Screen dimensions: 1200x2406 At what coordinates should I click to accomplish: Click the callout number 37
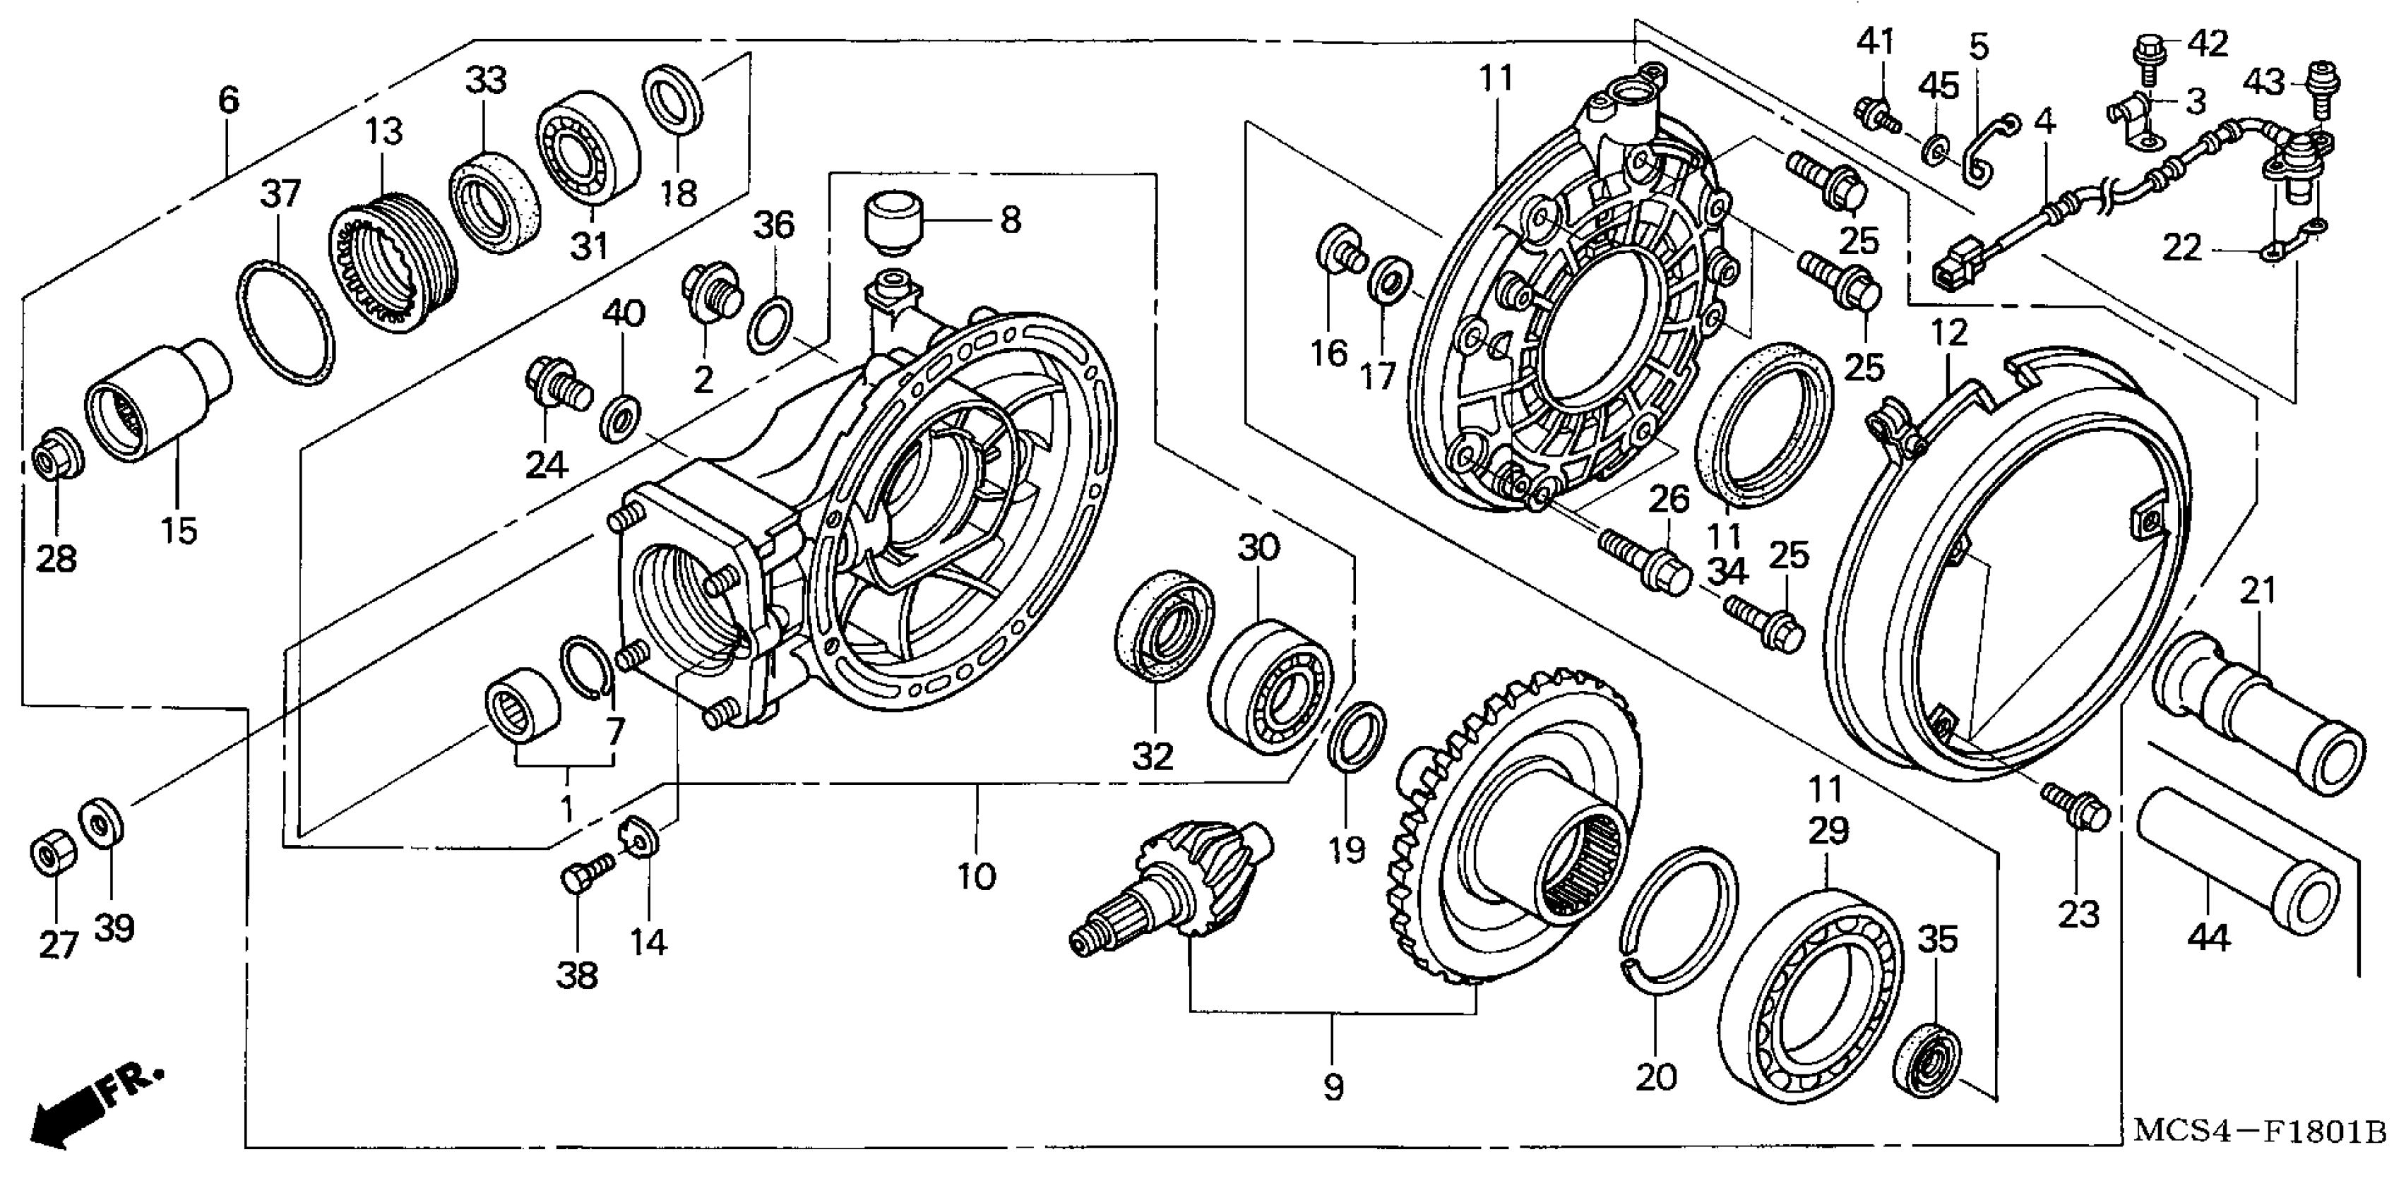tap(280, 193)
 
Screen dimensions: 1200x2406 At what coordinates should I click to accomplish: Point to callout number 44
tap(2208, 937)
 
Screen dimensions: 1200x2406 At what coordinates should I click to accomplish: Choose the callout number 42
tap(2208, 43)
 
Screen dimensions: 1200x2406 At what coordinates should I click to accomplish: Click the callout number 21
tap(2258, 591)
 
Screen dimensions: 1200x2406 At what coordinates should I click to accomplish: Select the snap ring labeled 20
tap(1677, 914)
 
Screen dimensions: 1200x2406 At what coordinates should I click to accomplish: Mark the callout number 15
tap(179, 530)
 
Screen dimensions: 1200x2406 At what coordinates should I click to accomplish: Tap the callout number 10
tap(976, 877)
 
